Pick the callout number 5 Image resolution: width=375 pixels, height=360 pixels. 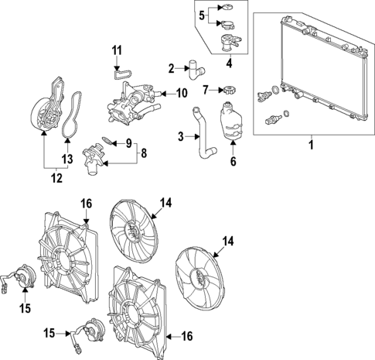200,15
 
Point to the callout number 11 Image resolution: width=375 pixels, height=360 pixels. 118,51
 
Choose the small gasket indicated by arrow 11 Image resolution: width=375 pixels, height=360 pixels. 118,74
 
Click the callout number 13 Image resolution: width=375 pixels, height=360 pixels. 66,159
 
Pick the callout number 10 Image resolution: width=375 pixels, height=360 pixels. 182,94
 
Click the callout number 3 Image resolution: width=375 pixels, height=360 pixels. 180,137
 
